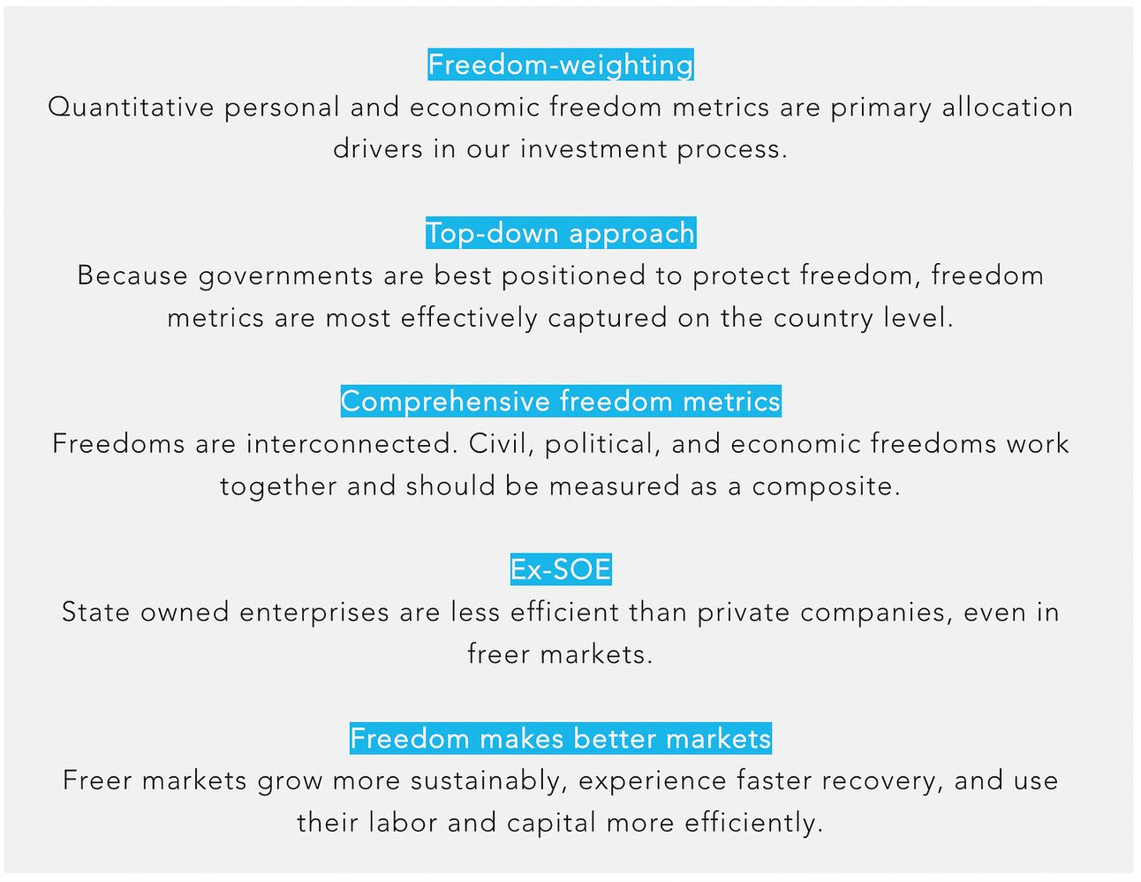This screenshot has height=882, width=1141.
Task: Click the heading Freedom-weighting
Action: [560, 64]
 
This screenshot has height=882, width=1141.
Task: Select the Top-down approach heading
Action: [560, 233]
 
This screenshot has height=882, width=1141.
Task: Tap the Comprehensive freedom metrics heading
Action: [560, 402]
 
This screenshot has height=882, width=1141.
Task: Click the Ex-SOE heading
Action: [560, 569]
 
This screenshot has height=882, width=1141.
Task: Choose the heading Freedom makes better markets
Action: [560, 738]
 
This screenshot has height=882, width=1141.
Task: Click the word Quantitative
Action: [131, 108]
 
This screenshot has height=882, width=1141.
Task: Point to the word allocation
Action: [1008, 107]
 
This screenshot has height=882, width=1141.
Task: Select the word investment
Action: [593, 149]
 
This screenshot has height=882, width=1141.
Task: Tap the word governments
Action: [285, 277]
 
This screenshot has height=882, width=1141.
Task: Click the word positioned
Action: [573, 277]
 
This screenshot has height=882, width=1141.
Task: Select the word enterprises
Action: [314, 614]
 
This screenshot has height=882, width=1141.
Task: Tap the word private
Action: [744, 614]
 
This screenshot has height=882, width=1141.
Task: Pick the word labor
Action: [403, 823]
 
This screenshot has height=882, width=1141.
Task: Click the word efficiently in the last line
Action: [753, 824]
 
